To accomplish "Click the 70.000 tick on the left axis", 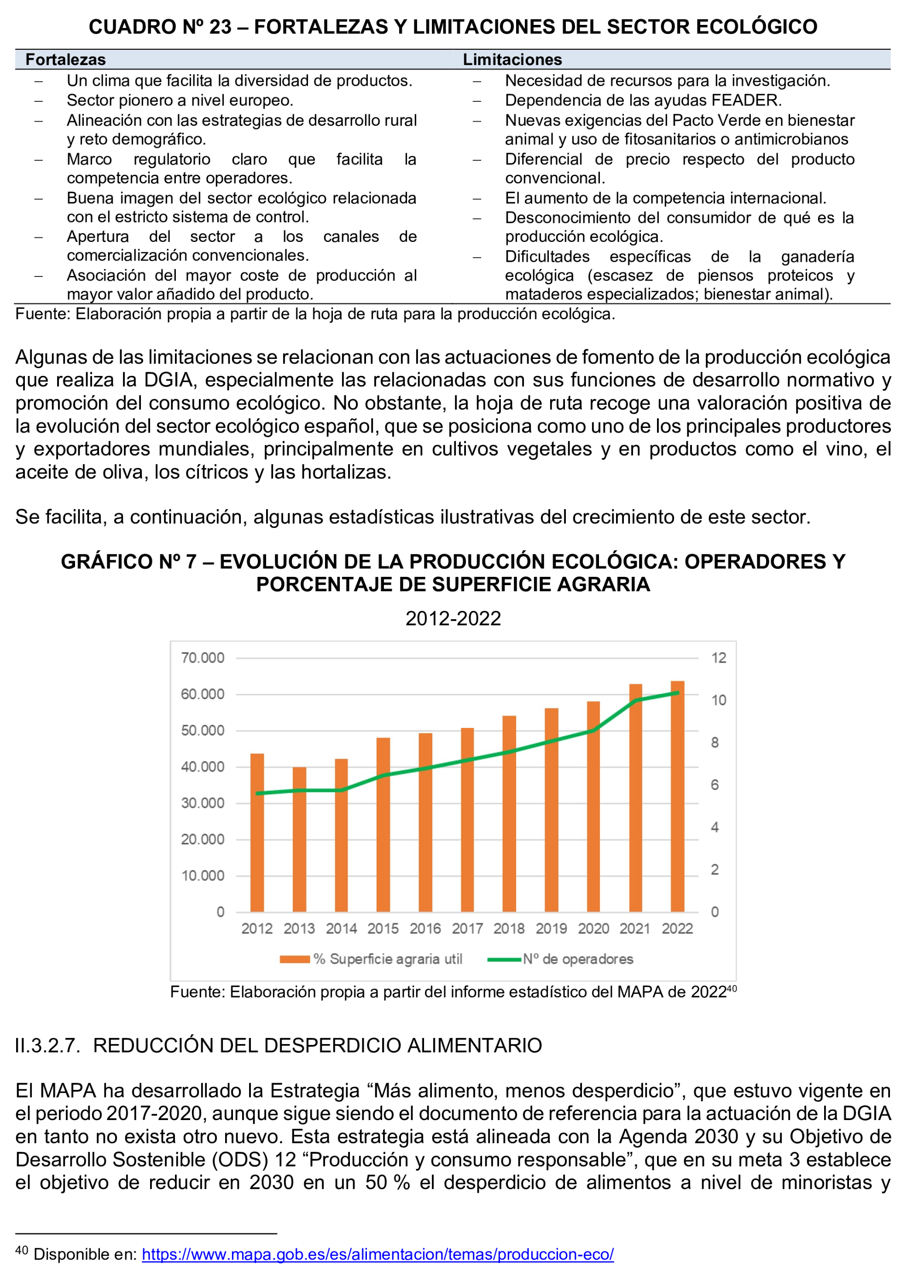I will (202, 657).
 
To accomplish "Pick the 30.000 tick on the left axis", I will (202, 803).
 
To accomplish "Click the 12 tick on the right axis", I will (718, 657).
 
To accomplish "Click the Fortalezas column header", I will (65, 59).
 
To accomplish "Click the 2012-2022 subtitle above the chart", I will (453, 619).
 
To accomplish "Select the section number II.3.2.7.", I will (48, 1045).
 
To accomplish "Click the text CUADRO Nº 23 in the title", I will (160, 27).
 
